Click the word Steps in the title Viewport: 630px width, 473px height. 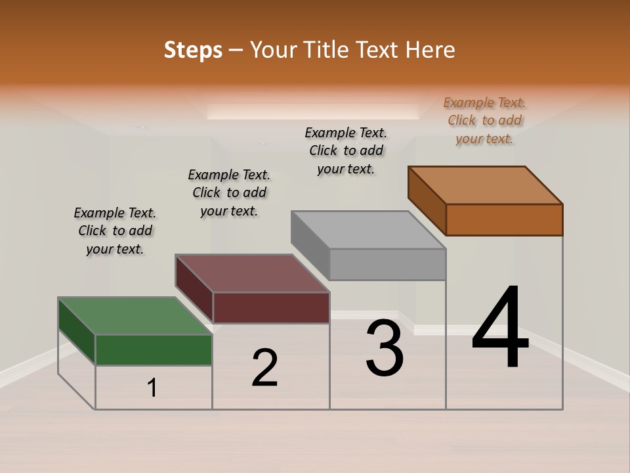(193, 51)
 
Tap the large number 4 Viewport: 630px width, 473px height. (500, 328)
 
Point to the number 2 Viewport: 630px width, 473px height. (265, 368)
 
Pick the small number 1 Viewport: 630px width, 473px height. (152, 388)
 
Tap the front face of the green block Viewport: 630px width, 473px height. (154, 349)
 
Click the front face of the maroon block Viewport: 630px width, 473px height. (271, 307)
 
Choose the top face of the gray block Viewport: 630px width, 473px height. (368, 231)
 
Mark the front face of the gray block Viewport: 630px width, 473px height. (387, 264)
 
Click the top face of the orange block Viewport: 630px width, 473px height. (485, 185)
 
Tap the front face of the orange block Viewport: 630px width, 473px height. (504, 219)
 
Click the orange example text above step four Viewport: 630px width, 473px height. (484, 120)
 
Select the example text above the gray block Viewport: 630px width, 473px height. (346, 150)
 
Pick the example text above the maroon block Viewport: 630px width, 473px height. (229, 192)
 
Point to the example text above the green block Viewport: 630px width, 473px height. (115, 231)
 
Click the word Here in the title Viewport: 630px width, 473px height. (430, 50)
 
